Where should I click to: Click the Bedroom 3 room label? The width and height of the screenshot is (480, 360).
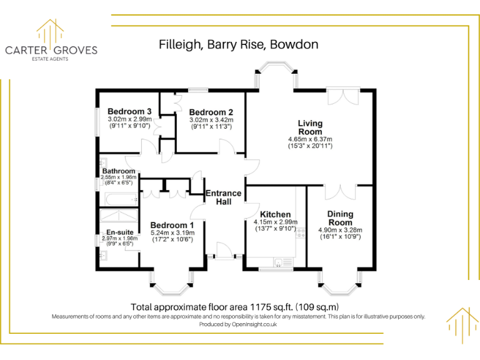(130, 112)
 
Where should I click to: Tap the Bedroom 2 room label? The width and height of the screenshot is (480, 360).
(211, 112)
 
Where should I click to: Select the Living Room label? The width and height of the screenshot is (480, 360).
(310, 127)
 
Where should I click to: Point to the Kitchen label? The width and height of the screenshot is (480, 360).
(276, 214)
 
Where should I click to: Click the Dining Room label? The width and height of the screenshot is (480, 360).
(340, 218)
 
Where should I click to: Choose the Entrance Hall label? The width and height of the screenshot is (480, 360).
(224, 197)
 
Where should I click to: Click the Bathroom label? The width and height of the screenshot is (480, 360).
(119, 171)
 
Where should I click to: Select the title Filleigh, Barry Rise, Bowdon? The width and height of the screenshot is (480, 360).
(239, 45)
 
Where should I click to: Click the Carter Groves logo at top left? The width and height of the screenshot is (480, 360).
(51, 41)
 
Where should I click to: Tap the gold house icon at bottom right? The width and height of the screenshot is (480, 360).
(462, 325)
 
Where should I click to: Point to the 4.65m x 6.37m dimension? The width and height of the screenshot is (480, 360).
(310, 139)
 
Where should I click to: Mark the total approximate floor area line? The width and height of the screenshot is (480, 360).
(234, 307)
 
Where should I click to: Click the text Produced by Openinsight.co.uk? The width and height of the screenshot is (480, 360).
(238, 324)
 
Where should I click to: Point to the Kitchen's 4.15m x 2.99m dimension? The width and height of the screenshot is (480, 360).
(276, 222)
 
